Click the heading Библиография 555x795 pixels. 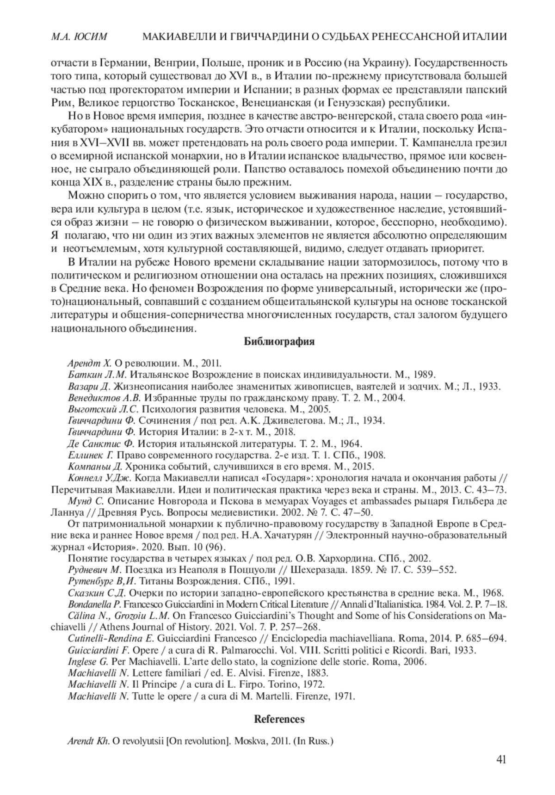(279, 342)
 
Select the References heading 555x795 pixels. (279, 719)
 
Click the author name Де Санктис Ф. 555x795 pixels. (100, 444)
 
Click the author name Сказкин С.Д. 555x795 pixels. (97, 593)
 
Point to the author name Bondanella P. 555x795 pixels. (94, 604)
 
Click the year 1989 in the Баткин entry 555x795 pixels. (425, 375)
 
